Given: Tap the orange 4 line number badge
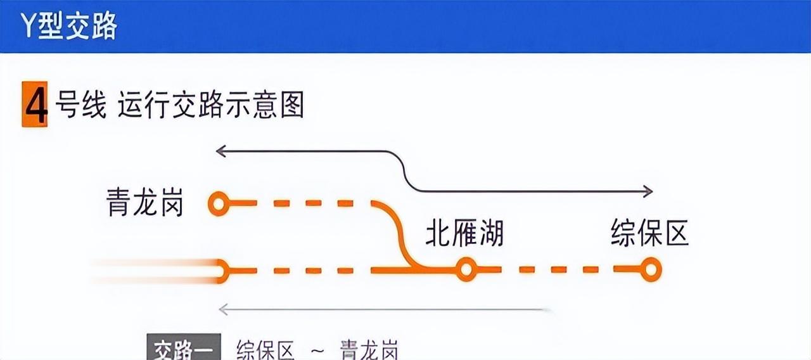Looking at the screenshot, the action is pos(35,105).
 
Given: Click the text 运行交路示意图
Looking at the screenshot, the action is pos(210,105).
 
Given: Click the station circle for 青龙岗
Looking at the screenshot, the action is pos(219,203).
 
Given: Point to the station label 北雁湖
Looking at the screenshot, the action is pos(464,233).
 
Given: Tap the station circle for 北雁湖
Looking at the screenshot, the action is pos(466,269).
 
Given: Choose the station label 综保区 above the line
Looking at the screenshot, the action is pos(649,233).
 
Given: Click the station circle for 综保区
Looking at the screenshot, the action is pos(650,269).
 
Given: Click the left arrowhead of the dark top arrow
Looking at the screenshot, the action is pos(220,151).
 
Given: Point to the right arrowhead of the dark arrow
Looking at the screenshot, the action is pos(648,191).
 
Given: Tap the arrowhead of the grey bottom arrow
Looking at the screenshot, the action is pos(222,309).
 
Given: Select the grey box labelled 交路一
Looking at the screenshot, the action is pos(184,349).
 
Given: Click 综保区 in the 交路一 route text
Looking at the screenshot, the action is pos(265,350).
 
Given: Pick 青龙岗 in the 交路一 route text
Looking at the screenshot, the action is pos(369,350).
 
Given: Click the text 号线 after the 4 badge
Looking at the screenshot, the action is pos(80,105).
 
